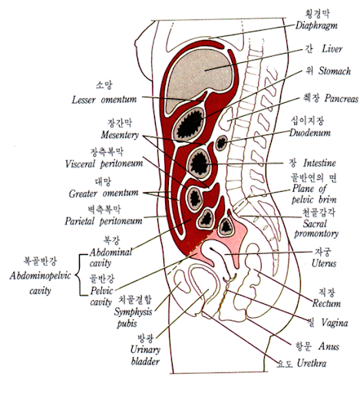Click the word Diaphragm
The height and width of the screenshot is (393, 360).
click(316, 25)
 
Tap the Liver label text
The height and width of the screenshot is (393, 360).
click(332, 49)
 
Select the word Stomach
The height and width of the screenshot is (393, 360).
click(335, 71)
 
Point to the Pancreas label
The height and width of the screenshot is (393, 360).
click(342, 98)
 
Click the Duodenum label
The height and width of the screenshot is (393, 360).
click(310, 133)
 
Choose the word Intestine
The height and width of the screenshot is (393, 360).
click(319, 163)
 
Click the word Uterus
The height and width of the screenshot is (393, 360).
click(324, 263)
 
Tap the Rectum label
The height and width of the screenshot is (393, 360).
click(326, 303)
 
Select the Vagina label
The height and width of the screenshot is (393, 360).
click(335, 323)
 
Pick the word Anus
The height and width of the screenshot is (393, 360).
click(329, 346)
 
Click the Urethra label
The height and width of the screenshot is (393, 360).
click(312, 363)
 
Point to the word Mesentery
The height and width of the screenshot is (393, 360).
click(120, 135)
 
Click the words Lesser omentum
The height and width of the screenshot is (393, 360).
click(104, 100)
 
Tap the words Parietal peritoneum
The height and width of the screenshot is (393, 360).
click(104, 221)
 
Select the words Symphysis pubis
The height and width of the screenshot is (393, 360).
click(133, 318)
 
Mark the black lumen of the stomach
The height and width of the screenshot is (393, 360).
click(190, 125)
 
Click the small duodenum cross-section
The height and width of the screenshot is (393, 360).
click(221, 143)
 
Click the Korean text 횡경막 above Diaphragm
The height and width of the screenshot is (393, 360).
click(318, 14)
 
